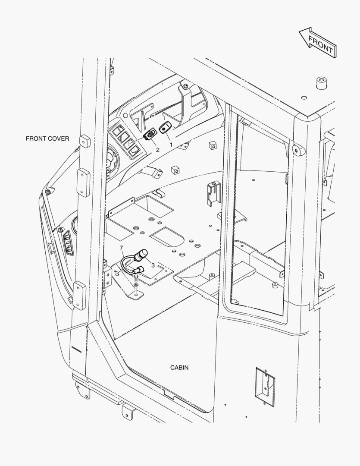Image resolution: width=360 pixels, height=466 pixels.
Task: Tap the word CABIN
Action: pos(179,368)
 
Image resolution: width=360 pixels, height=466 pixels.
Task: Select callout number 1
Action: pos(171,145)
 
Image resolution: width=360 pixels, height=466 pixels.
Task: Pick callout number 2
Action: pos(158,150)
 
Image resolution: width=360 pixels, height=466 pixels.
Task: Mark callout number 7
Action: pos(122,248)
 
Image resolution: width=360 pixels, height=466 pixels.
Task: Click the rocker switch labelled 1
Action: pos(165,128)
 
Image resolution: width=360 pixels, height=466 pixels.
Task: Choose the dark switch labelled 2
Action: pos(150,135)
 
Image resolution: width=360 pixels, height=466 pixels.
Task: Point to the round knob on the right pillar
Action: pos(296,149)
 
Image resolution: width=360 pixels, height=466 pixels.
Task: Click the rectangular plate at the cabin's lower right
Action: pos(265,387)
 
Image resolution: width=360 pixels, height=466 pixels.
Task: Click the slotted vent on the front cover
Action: pos(67,242)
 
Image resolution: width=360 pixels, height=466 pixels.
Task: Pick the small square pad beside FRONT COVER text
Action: pos(85,141)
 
